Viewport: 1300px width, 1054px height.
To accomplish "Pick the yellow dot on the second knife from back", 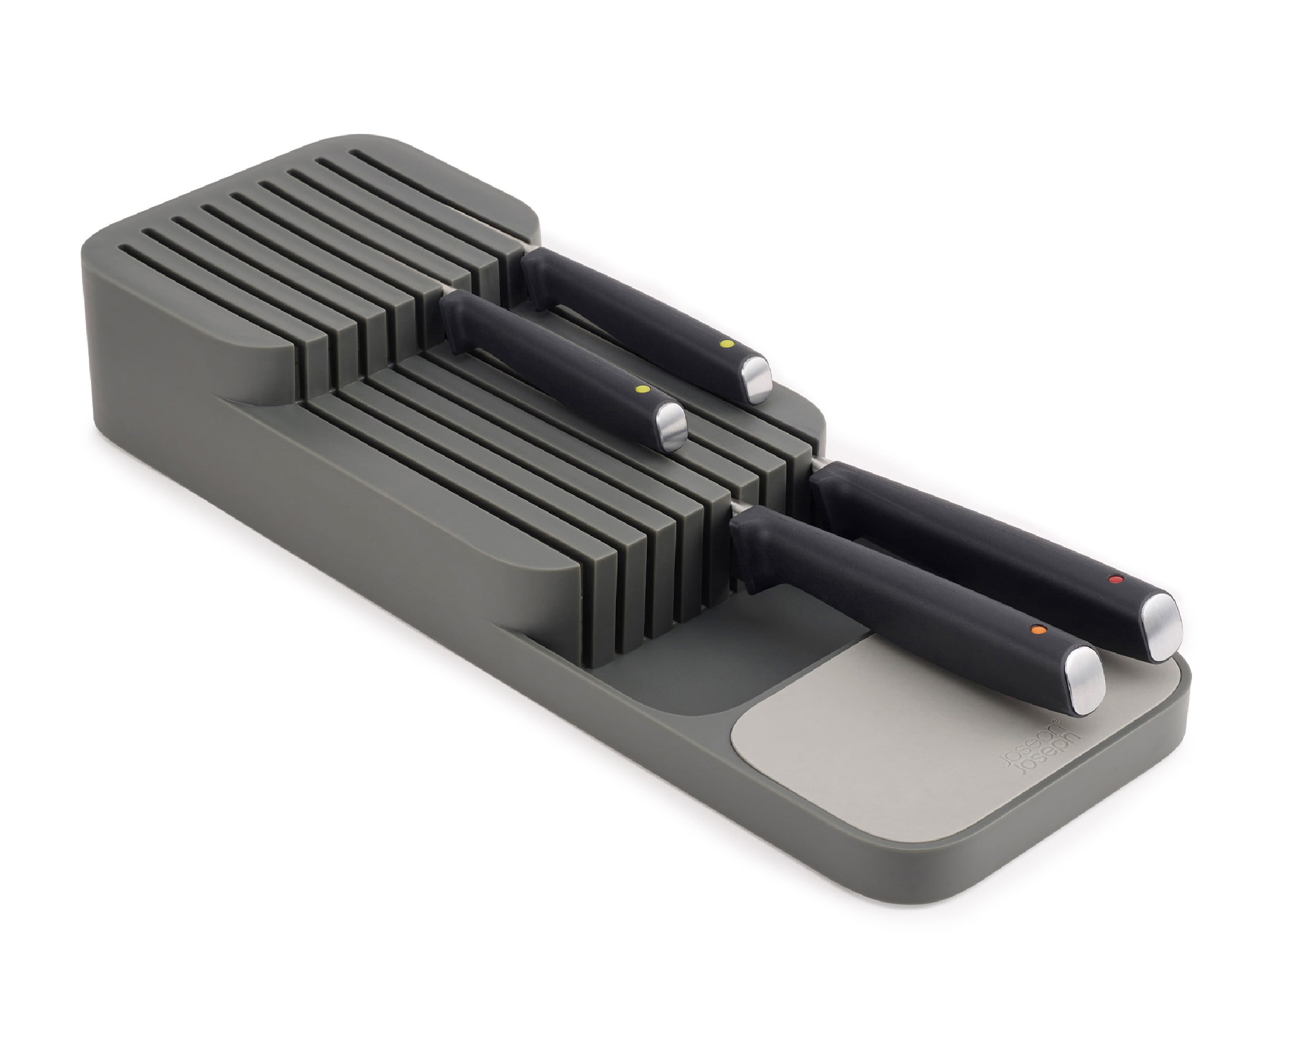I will click(639, 389).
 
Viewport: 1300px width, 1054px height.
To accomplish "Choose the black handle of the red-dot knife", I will click(972, 534).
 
